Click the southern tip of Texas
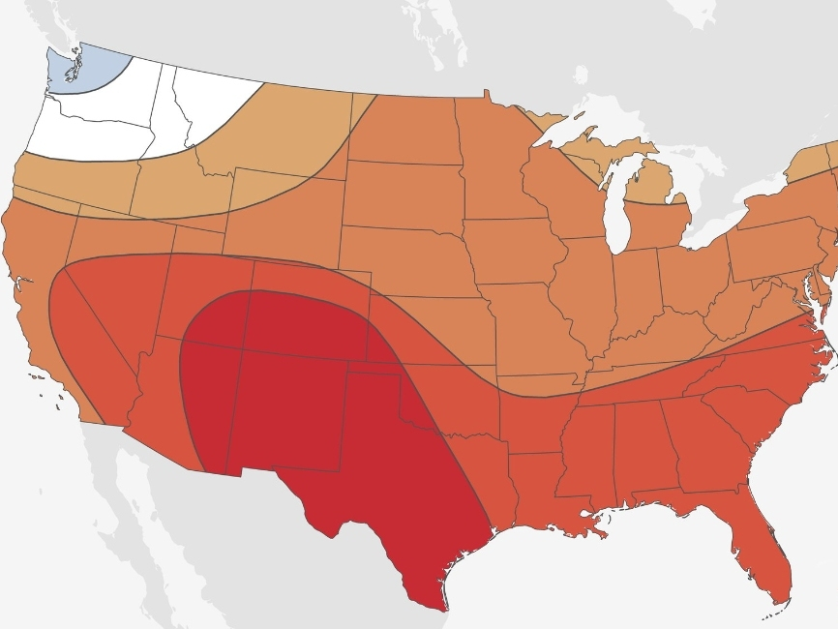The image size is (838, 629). pos(440,605)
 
